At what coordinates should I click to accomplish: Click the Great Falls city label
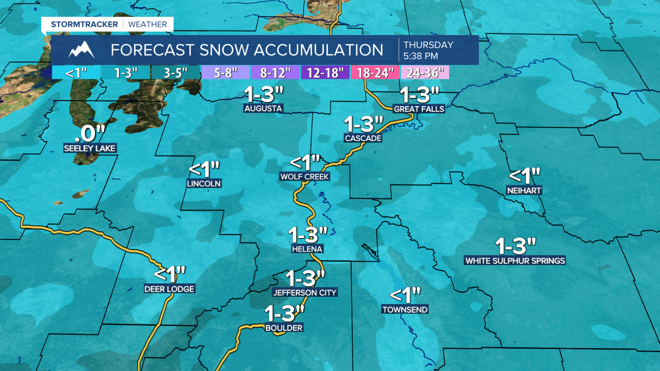[419, 109]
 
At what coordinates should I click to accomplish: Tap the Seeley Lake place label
[90, 148]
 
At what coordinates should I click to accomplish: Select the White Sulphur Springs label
[515, 261]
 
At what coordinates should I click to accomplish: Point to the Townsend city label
[405, 310]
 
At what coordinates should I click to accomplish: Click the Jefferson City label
[305, 293]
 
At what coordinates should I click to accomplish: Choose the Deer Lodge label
[169, 289]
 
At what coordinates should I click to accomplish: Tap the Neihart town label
[524, 191]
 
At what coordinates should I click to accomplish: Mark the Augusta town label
[263, 109]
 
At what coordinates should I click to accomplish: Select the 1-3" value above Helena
[308, 235]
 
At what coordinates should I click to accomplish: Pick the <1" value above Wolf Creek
[305, 162]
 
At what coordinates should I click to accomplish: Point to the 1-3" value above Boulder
[284, 313]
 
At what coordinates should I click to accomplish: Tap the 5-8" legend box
[225, 73]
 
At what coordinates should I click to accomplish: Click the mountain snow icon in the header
[81, 50]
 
